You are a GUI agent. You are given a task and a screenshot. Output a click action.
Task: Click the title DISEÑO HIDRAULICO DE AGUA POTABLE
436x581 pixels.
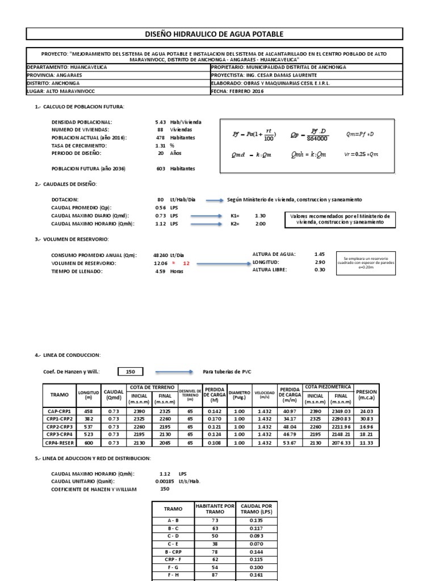(215, 35)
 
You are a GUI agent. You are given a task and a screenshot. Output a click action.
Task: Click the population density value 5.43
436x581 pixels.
(160, 122)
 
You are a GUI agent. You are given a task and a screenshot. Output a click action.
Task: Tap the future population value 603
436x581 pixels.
(161, 169)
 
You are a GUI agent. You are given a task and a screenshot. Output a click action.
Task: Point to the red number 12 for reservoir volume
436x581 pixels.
(186, 264)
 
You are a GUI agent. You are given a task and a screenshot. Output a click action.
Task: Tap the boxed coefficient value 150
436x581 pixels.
(131, 372)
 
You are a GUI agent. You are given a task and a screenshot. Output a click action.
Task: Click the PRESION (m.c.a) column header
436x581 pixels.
(366, 395)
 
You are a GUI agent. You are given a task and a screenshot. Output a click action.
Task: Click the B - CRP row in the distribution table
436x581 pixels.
(173, 551)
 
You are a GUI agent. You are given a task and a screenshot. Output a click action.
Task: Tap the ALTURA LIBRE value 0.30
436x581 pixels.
(320, 270)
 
